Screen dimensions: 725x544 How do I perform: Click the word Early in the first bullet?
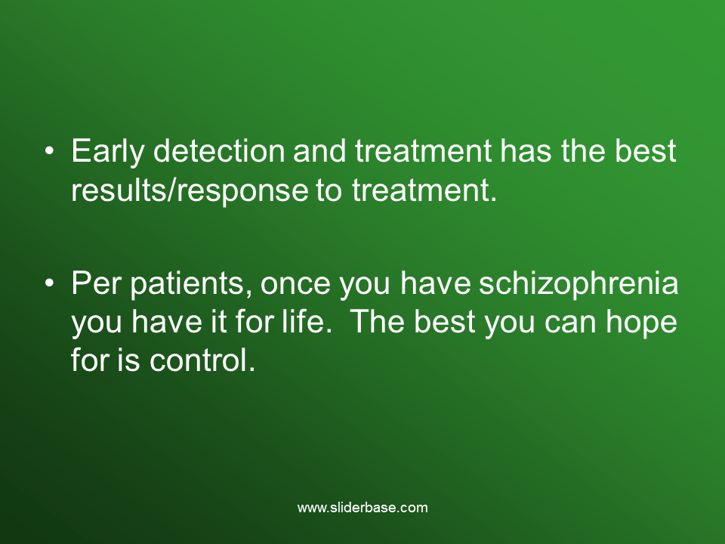click(108, 151)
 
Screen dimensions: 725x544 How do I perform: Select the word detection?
click(219, 151)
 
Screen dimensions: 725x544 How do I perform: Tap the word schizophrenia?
click(578, 283)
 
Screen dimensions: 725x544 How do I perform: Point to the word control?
click(202, 360)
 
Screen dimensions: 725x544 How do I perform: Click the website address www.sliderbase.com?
click(362, 508)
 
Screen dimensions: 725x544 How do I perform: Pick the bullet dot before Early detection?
click(50, 151)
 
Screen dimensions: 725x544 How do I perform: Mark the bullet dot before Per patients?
click(50, 283)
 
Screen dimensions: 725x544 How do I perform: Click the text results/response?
click(190, 190)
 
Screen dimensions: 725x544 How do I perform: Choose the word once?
click(295, 284)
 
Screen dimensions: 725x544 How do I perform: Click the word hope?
click(641, 322)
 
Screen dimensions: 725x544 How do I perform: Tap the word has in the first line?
click(526, 151)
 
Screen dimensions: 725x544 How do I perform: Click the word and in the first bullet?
click(319, 151)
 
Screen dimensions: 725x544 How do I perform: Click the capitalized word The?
click(378, 321)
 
